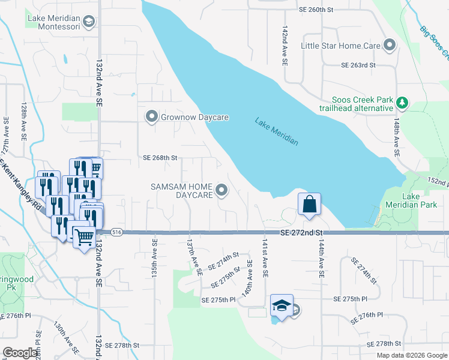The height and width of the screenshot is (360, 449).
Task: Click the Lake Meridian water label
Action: [x=276, y=131]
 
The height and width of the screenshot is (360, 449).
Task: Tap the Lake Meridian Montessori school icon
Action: [x=89, y=23]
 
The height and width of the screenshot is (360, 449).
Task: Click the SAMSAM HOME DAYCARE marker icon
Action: [x=221, y=191]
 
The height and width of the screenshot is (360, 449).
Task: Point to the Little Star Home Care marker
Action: [x=390, y=46]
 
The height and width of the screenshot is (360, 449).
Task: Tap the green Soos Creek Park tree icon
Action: [x=402, y=104]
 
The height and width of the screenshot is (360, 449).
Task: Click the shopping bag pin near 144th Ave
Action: [x=309, y=203]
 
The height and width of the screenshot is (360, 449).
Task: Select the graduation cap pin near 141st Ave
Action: [x=281, y=305]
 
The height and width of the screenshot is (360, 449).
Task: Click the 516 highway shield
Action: [x=116, y=232]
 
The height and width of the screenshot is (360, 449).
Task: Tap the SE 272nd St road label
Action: [x=301, y=232]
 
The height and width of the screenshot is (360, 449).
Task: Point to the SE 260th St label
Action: [x=316, y=10]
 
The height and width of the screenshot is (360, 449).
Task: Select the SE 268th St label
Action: [x=160, y=158]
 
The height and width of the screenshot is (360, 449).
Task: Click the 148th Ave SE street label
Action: [x=397, y=137]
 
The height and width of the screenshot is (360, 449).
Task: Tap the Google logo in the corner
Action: [x=20, y=353]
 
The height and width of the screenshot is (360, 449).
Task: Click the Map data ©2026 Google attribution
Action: [x=411, y=355]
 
